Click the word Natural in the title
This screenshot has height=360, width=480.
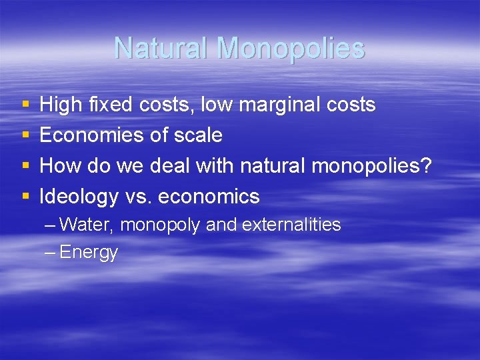click(161, 48)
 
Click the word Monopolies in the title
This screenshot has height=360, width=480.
click(291, 48)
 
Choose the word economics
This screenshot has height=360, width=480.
click(209, 197)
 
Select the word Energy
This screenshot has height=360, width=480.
click(89, 253)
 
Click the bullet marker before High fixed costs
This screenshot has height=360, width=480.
click(25, 105)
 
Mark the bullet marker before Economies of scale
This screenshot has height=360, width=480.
click(25, 136)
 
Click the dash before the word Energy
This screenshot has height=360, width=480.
click(51, 252)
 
